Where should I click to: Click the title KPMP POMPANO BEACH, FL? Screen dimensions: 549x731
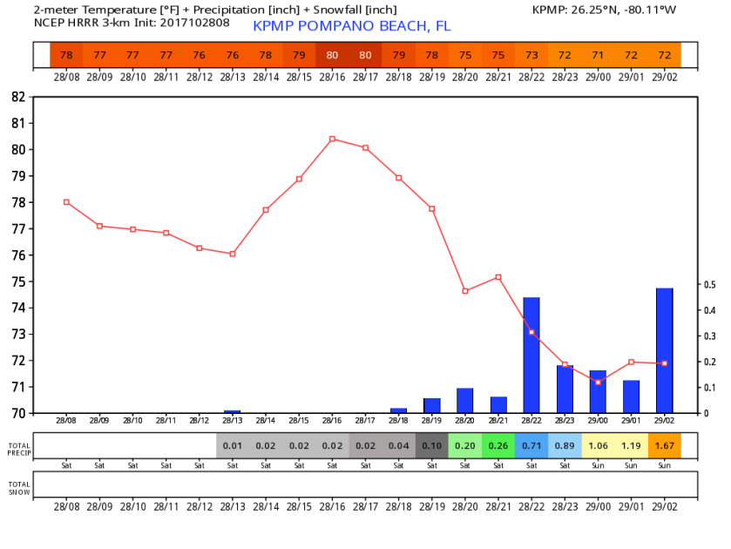click(x=352, y=26)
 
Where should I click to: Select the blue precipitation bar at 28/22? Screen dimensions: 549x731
click(x=531, y=356)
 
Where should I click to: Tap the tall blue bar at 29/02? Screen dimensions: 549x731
click(x=664, y=350)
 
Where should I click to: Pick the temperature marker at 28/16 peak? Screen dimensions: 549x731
click(x=332, y=139)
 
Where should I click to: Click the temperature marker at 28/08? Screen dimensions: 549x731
click(x=66, y=202)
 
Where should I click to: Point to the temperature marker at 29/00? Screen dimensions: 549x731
click(x=598, y=382)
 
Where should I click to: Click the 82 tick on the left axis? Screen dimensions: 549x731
click(x=18, y=97)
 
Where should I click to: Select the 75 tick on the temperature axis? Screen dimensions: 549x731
click(x=18, y=281)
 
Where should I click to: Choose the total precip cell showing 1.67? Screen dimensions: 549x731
click(x=664, y=445)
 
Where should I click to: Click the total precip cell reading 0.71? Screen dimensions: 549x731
click(x=531, y=445)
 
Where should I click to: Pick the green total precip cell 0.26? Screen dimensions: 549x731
click(x=498, y=445)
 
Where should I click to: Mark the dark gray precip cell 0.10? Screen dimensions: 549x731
click(x=431, y=445)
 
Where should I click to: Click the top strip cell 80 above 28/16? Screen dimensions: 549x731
click(x=332, y=55)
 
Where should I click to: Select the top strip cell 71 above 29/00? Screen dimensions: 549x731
click(x=598, y=55)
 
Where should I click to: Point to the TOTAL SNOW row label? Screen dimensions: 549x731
click(x=18, y=488)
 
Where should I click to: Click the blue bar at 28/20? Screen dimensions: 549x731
click(x=465, y=401)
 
